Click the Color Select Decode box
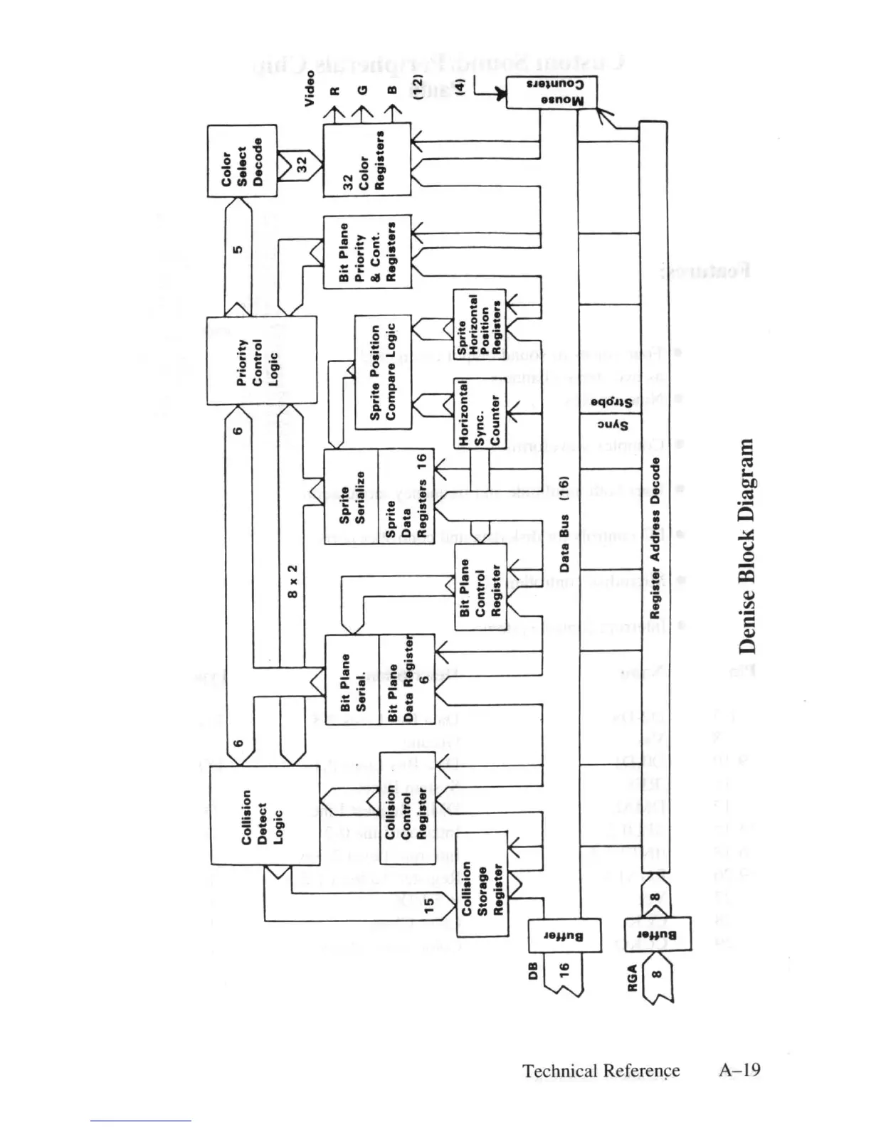(x=242, y=161)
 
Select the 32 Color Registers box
(x=366, y=159)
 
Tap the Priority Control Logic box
(x=261, y=361)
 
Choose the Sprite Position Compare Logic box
(x=383, y=371)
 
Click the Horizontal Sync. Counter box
(x=480, y=413)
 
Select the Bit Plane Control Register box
(x=481, y=587)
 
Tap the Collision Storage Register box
(x=482, y=884)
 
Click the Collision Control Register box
(x=407, y=808)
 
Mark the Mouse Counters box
(x=551, y=92)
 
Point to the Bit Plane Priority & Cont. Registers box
(x=366, y=252)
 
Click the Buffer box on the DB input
(x=564, y=936)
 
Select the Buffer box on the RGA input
(x=657, y=935)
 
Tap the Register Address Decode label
(x=655, y=538)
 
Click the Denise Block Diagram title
(x=746, y=546)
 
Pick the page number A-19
(x=739, y=1070)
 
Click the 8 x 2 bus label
(x=292, y=580)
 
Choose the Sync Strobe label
(x=611, y=413)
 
